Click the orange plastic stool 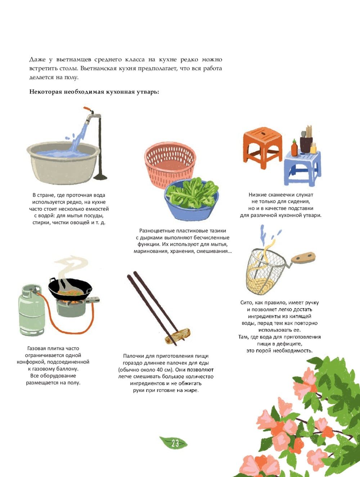pos(262,146)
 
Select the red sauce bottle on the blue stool pos(294,148)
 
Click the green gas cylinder pos(32,311)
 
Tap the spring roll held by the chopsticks pos(177,336)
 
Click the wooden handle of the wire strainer pos(303,258)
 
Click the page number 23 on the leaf pos(175,443)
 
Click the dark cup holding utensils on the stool pos(306,144)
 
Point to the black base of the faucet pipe pos(100,177)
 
